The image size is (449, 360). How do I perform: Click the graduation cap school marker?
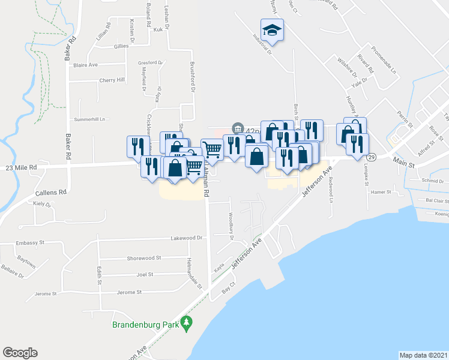point(272,30)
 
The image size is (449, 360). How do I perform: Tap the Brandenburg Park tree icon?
point(187,324)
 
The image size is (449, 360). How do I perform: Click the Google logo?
point(20,353)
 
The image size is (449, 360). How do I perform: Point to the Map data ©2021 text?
point(423,355)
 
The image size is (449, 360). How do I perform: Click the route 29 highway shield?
point(372,157)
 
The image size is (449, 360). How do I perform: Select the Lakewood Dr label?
point(188,238)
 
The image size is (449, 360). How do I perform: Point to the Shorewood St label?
point(144,258)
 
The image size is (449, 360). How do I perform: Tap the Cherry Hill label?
point(112,80)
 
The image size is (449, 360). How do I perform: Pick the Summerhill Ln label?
point(89,119)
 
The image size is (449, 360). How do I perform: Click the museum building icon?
point(238,128)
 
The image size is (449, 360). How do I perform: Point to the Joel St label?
point(145,274)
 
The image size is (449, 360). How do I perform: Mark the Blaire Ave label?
point(86,65)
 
